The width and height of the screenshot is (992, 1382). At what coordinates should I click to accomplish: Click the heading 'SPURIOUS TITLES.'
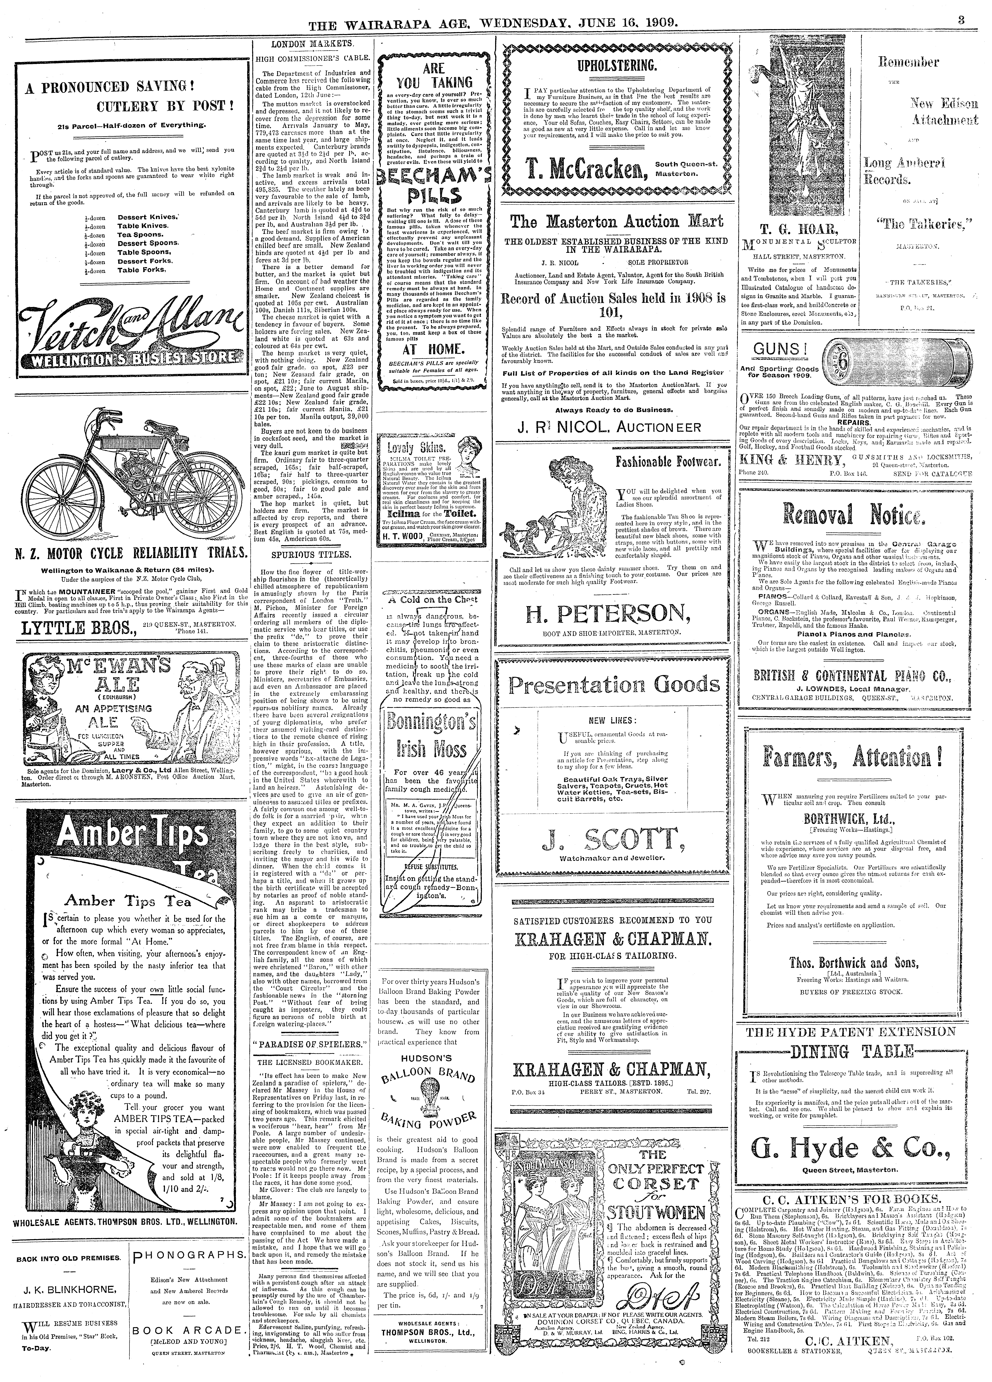[311, 555]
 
